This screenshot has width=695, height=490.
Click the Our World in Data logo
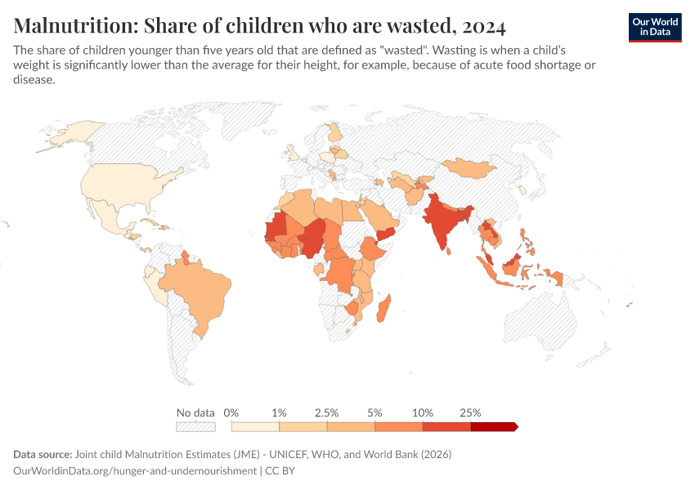coord(654,27)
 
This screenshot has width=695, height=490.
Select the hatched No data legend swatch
coord(195,426)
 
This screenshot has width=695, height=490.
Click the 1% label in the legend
coord(279,412)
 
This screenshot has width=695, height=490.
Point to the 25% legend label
coord(471,412)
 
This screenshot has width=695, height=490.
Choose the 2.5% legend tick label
coord(327,412)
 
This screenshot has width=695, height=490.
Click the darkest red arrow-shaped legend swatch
coord(494,426)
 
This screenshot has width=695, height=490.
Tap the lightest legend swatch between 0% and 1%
coord(255,426)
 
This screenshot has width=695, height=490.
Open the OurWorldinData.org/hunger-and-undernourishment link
coord(134,471)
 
